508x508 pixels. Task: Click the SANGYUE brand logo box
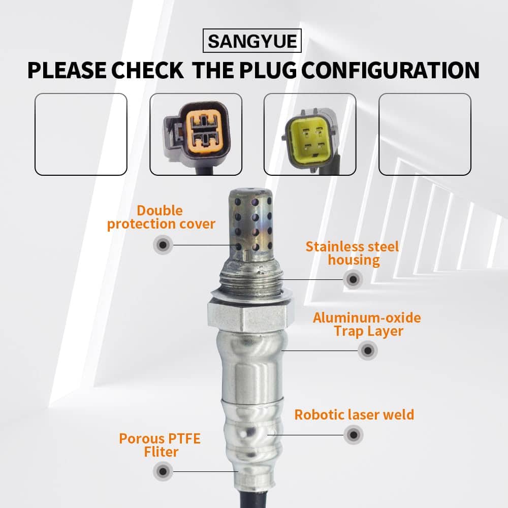point(252,41)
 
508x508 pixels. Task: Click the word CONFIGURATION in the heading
point(390,70)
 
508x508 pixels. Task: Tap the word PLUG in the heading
point(268,70)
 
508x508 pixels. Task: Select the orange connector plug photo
point(196,134)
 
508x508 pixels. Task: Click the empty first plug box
point(81,134)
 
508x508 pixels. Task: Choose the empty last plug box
point(425,134)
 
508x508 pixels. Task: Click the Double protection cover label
point(161,217)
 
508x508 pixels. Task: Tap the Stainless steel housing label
point(353,253)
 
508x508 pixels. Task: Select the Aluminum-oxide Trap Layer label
point(367,325)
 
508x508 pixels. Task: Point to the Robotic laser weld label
point(354,415)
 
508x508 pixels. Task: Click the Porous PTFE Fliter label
point(160,445)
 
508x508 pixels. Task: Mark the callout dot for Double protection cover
point(163,245)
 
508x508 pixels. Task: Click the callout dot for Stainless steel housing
point(353,279)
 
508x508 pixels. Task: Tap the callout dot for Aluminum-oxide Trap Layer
point(368,350)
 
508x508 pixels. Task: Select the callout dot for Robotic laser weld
point(354,435)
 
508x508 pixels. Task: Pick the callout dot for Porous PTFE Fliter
point(163,471)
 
